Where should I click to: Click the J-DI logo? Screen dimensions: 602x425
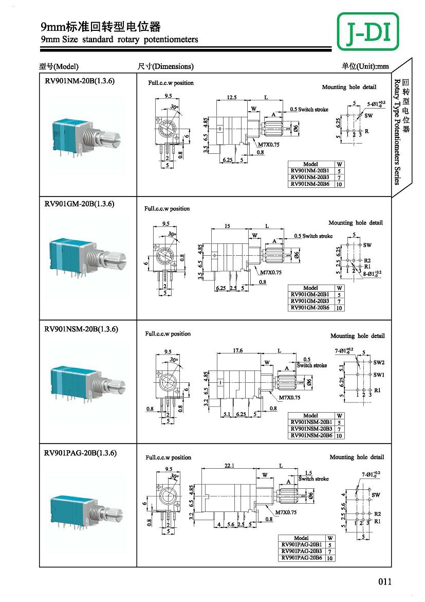367,31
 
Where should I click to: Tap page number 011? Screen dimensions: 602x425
385,581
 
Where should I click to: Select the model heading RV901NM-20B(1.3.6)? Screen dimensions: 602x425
79,81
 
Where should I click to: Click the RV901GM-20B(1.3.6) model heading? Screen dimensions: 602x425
79,204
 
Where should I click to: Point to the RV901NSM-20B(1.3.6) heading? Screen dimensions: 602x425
81,329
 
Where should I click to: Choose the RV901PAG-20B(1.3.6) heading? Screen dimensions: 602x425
80,453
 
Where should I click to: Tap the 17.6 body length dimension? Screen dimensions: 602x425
237,350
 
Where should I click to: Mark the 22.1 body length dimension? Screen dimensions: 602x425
230,466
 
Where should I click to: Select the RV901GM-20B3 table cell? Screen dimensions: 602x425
310,301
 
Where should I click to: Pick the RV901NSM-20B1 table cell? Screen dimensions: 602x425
311,422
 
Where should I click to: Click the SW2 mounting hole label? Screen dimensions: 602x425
379,362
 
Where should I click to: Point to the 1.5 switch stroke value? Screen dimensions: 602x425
308,473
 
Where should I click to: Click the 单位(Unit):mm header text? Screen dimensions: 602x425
365,66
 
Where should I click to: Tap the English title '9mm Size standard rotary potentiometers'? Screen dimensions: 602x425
119,40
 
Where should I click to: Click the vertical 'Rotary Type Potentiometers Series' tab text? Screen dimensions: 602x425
397,131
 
